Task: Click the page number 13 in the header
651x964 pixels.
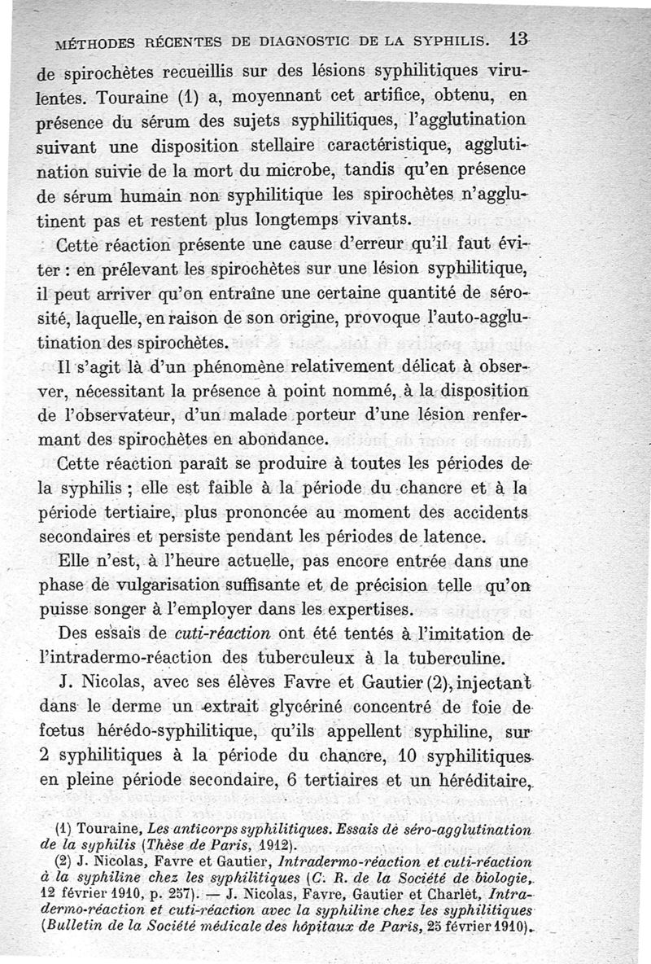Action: click(515, 38)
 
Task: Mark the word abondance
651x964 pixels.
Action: click(278, 440)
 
